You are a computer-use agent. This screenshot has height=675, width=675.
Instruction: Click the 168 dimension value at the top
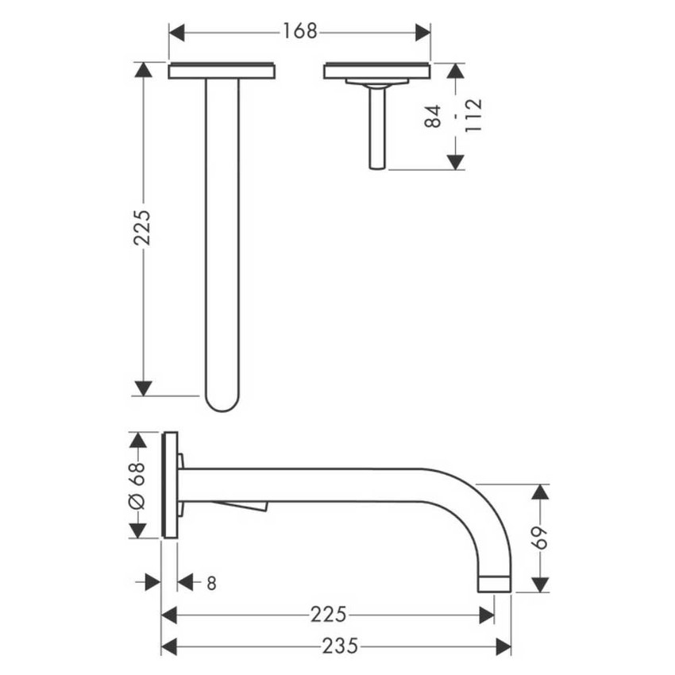coord(299,32)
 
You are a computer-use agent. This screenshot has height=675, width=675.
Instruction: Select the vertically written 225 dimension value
coord(143,229)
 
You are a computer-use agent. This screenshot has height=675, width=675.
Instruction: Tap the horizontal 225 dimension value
coord(328,615)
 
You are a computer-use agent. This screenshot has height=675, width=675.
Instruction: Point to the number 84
coord(433,117)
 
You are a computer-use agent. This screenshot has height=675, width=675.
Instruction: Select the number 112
coord(473,116)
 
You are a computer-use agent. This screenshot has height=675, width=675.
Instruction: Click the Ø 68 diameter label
coord(136,485)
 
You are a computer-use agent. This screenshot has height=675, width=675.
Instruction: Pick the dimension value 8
coord(211,583)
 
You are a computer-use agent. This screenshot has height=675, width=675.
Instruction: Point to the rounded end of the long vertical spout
coord(222,401)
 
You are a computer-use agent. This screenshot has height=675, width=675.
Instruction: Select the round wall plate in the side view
coord(169,485)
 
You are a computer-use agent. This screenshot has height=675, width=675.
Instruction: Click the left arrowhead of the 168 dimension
coord(176,32)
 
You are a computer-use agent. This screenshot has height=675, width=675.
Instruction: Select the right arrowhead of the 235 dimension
coord(503,647)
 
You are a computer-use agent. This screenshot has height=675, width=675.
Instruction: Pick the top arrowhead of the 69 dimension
coord(540,492)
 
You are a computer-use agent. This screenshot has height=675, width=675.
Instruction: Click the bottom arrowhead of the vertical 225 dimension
coord(143,388)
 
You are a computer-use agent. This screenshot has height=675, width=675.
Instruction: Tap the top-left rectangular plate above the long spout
coord(222,71)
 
